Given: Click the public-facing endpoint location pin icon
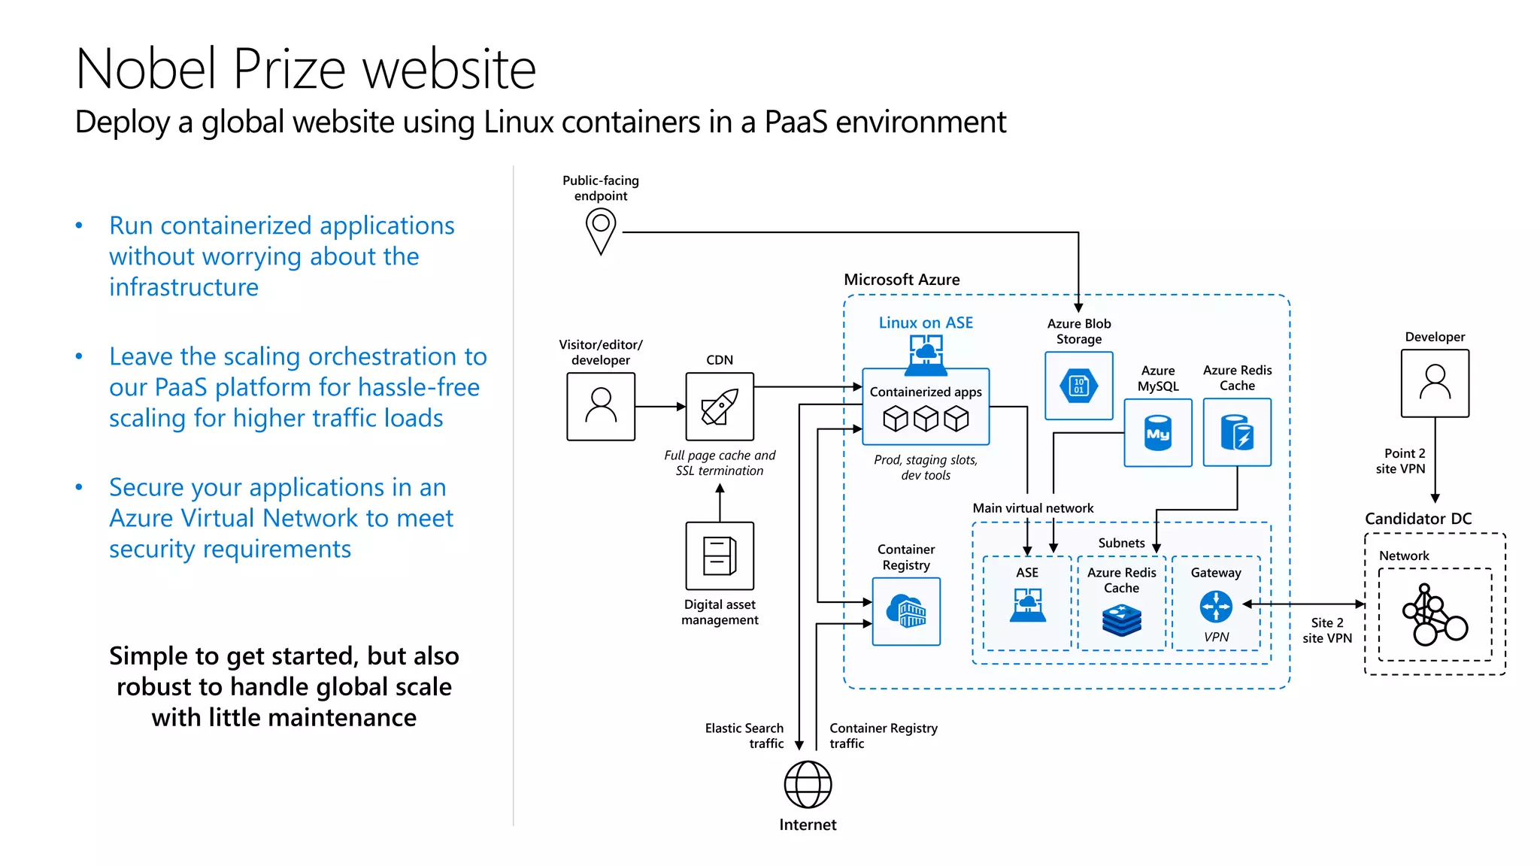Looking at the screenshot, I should point(601,231).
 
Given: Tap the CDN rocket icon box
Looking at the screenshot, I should point(720,407).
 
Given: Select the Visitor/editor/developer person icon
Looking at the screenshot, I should point(601,407).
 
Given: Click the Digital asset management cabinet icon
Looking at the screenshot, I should point(720,556).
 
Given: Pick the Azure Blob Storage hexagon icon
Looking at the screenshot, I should point(1078,386).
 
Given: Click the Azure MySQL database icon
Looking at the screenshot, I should point(1158,432).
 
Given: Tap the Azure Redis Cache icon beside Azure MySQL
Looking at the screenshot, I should point(1237,432).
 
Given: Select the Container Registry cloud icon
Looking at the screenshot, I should point(906,611).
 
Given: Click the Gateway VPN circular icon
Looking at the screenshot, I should point(1216,606).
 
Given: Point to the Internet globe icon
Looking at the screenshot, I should point(808,784).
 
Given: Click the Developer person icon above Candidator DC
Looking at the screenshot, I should point(1435,383).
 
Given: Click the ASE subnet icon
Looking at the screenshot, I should point(1027,605).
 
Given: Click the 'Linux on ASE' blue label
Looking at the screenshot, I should point(926,322).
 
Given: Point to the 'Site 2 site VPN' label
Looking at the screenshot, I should point(1327,630).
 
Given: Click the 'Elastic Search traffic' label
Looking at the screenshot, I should point(744,735).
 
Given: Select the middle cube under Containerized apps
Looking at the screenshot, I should point(926,419).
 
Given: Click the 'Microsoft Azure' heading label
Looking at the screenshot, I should point(902,280).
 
